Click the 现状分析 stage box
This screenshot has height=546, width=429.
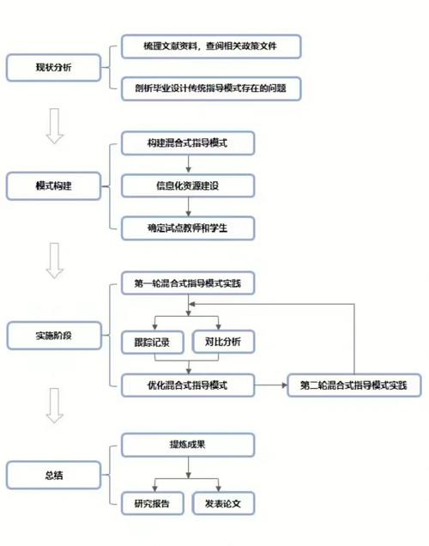click(x=53, y=66)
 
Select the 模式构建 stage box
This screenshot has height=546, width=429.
click(x=53, y=184)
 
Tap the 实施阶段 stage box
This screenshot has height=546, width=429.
click(x=53, y=336)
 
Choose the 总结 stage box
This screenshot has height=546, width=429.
click(x=53, y=474)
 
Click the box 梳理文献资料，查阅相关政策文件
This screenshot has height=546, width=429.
click(x=211, y=46)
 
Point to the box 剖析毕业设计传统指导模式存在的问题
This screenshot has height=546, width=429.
click(x=211, y=88)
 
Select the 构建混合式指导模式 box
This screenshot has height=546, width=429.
click(x=188, y=142)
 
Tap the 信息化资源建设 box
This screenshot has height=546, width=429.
click(x=188, y=184)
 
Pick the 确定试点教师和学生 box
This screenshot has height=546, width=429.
click(x=188, y=227)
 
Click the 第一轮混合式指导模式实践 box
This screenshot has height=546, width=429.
click(x=188, y=283)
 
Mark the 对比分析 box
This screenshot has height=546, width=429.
click(x=223, y=342)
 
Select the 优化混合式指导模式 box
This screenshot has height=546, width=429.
click(x=188, y=385)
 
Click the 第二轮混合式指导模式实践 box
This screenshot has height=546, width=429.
click(x=353, y=385)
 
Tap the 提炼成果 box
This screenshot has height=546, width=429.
click(x=188, y=444)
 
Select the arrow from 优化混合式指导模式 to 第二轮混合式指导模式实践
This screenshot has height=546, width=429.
click(x=272, y=385)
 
